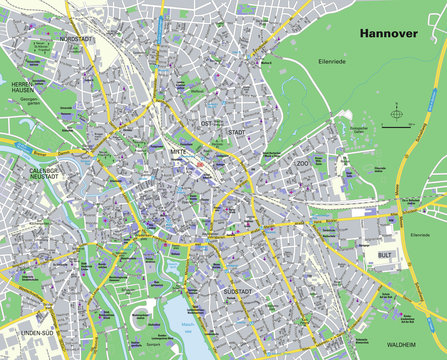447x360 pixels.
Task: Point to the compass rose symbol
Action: (397, 123)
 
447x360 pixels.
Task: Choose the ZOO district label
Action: (301, 162)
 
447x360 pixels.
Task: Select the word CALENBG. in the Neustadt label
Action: (48, 171)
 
